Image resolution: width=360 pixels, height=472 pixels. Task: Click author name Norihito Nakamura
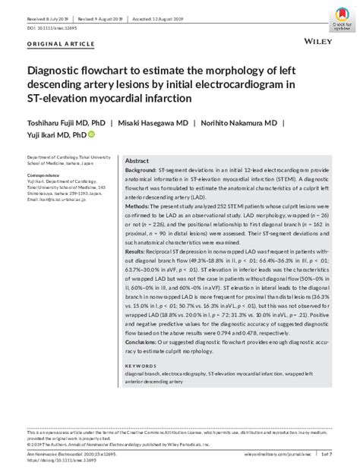click(242, 123)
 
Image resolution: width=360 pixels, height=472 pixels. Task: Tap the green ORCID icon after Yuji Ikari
click(92, 135)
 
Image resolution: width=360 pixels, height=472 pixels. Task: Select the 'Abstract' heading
click(137, 162)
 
